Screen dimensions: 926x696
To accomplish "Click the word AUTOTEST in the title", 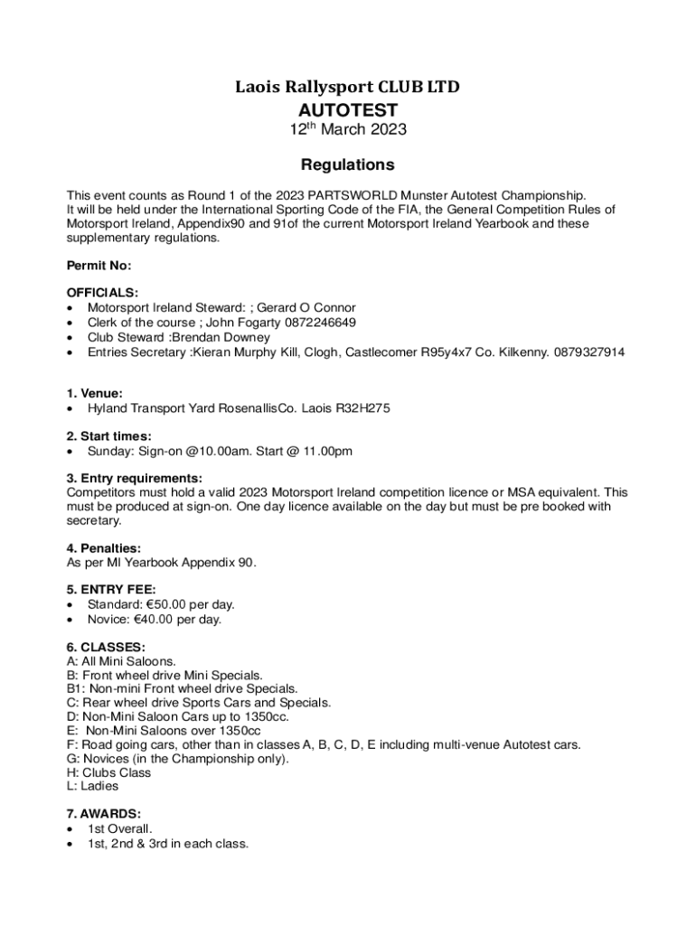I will [x=348, y=109].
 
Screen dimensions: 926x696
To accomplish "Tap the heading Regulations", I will [x=348, y=165].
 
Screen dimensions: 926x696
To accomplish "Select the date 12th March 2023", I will [x=348, y=129].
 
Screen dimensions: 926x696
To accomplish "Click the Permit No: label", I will [x=99, y=266].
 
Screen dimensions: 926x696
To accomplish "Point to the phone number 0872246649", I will [x=319, y=322].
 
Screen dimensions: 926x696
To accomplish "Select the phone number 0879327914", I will [x=589, y=352].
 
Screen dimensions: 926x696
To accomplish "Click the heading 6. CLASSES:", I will [x=106, y=647].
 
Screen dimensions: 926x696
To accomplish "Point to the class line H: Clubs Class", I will [x=109, y=773].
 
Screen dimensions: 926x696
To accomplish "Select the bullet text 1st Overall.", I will [x=120, y=829].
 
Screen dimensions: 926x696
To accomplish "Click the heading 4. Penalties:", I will [x=104, y=548].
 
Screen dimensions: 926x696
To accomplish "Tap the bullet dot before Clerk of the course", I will [x=71, y=323].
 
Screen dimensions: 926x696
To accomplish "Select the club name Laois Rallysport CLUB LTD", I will [x=348, y=87].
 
